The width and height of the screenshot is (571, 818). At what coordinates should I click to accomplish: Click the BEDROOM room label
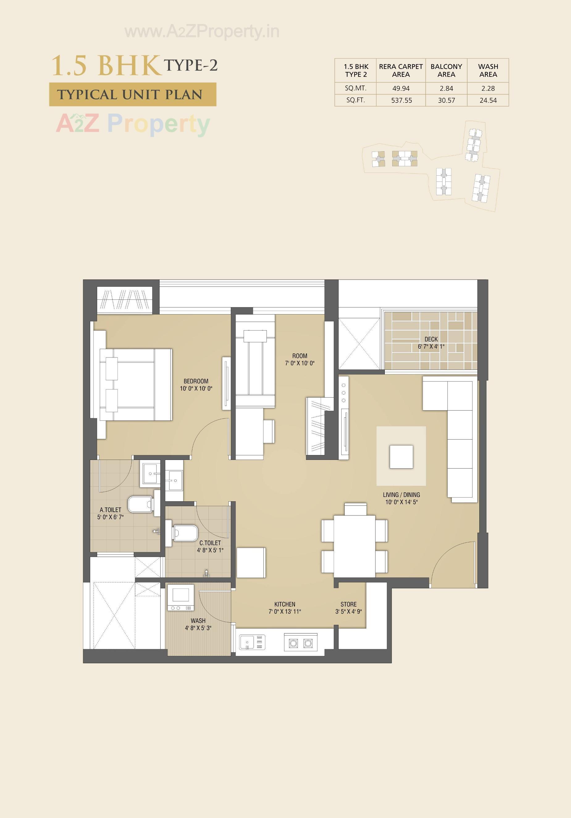[x=196, y=381]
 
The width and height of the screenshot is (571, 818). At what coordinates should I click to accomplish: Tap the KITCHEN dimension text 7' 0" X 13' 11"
[x=285, y=612]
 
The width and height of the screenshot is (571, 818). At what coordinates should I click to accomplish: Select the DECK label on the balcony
[x=431, y=339]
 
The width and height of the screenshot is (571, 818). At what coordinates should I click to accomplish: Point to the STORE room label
[x=348, y=604]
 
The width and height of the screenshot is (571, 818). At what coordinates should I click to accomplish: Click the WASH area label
[x=198, y=621]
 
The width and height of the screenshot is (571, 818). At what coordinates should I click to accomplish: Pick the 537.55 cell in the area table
[x=401, y=100]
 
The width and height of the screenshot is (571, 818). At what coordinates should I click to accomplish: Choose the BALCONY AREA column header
[x=446, y=71]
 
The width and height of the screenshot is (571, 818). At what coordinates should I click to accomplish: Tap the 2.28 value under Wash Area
[x=488, y=88]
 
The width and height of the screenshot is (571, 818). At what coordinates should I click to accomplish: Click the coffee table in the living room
[x=401, y=457]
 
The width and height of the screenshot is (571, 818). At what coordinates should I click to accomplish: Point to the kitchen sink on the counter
[x=252, y=642]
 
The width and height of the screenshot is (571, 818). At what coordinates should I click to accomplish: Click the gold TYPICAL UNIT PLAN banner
[x=132, y=94]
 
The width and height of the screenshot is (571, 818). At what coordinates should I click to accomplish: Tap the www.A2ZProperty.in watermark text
[x=202, y=32]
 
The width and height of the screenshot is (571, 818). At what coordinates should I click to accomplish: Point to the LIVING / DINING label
[x=401, y=495]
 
